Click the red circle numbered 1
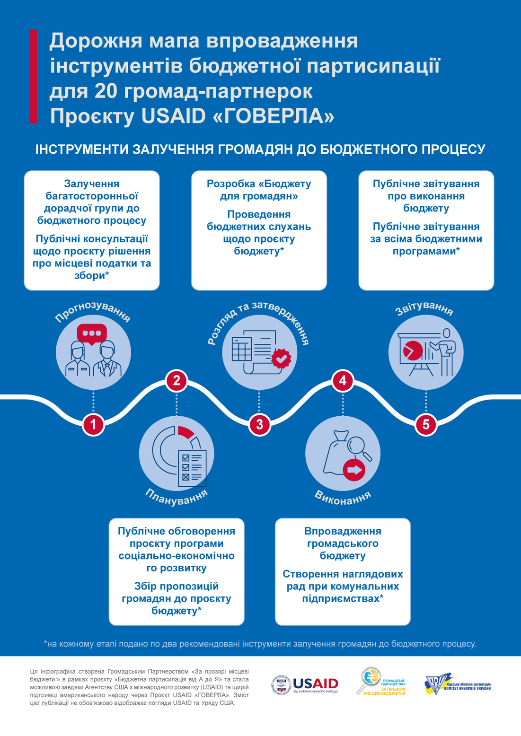point(93,424)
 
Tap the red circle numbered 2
point(177,380)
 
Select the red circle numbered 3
point(259,424)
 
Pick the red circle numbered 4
point(343,380)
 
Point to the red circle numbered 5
point(426,424)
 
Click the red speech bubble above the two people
point(92,333)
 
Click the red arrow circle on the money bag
point(354,470)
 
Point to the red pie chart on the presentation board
point(412,351)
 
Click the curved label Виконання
point(343,497)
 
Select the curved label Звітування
point(424,308)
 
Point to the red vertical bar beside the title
point(34,77)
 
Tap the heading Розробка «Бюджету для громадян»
point(259,190)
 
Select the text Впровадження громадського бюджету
point(343,543)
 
